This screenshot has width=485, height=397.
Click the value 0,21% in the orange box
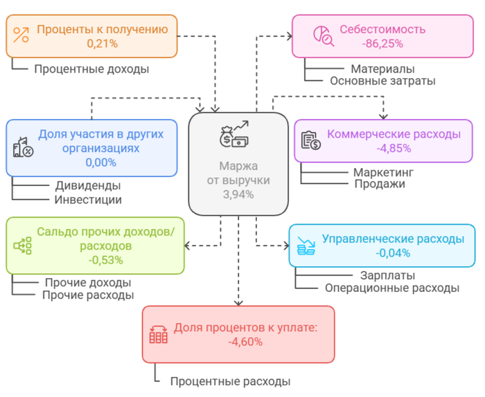pos(102,43)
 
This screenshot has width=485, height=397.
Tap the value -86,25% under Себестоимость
pos(382,43)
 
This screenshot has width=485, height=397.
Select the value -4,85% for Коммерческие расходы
pos(394,147)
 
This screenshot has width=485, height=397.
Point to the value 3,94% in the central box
pos(238,194)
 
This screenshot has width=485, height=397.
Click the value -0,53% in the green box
pos(105,260)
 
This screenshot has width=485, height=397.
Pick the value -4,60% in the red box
pos(245,341)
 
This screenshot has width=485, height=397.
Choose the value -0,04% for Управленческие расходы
pos(392,253)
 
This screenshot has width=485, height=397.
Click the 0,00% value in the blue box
pos(100,163)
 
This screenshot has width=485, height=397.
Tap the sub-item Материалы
pos(382,69)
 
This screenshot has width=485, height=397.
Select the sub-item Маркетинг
pos(383,172)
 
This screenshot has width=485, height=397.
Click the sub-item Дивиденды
pos(88,186)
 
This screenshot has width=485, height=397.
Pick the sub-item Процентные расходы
pos(230,382)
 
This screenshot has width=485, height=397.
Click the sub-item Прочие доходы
pos(88,282)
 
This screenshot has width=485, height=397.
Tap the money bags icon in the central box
pos(233,135)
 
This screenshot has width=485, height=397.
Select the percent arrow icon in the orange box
pos(21,35)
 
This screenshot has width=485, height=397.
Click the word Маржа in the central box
pos(238,167)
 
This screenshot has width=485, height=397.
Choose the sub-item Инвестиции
pos(88,200)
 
